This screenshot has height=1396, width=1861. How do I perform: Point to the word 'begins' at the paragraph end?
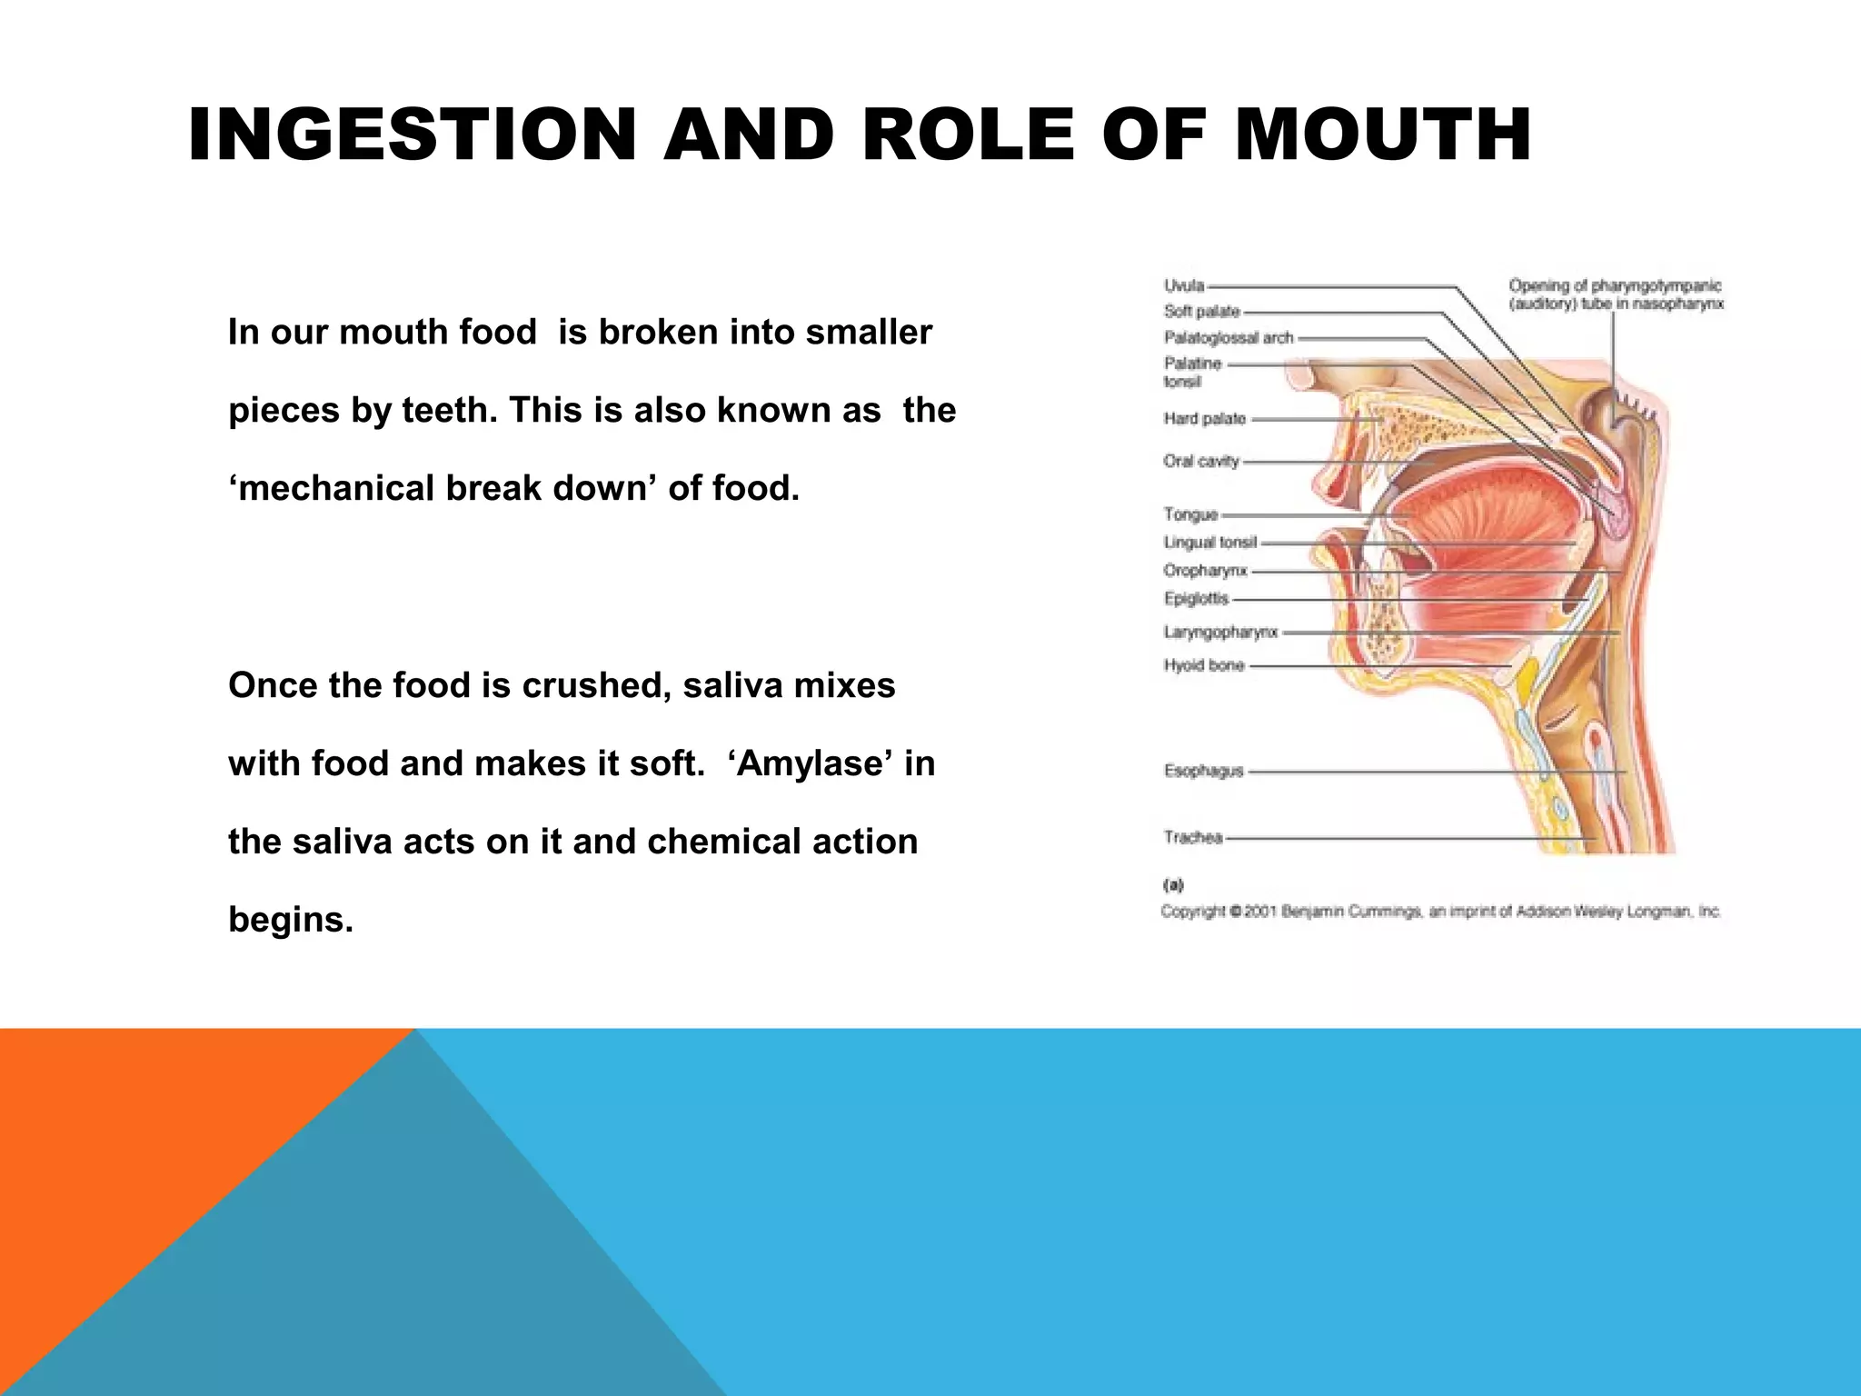(x=289, y=920)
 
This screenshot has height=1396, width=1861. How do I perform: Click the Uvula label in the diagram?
(x=1184, y=285)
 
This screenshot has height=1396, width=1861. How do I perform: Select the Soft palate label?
(x=1201, y=312)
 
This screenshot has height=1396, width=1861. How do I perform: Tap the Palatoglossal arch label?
(x=1229, y=338)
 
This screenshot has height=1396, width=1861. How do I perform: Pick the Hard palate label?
(x=1204, y=419)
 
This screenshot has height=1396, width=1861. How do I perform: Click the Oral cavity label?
(x=1200, y=462)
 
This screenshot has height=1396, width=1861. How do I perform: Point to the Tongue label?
(x=1190, y=514)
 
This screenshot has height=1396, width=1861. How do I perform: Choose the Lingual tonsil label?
(x=1209, y=543)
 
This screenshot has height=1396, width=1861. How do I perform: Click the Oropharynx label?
(x=1205, y=571)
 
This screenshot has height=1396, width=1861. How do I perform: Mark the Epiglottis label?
(x=1196, y=599)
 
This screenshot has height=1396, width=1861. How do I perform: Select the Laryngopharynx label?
(x=1220, y=632)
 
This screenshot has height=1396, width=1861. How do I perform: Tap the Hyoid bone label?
(x=1203, y=665)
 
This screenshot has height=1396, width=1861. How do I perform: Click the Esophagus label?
(x=1203, y=771)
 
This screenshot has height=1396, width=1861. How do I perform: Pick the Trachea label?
(x=1193, y=837)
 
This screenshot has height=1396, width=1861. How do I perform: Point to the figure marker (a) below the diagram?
(x=1172, y=884)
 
